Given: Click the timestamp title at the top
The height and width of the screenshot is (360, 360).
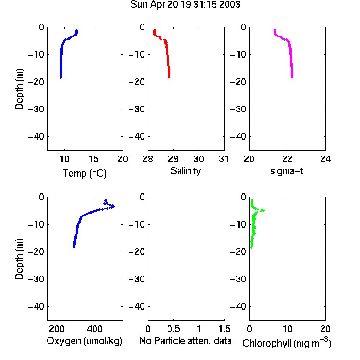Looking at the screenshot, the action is (x=185, y=4).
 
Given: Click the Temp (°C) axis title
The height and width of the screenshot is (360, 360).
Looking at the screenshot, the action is (x=84, y=173).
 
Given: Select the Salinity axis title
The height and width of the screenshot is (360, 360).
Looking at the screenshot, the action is (x=185, y=171).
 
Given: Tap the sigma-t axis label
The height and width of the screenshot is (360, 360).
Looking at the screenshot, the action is (x=287, y=171).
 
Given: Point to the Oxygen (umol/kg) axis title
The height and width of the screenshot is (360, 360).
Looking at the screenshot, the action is (x=84, y=341).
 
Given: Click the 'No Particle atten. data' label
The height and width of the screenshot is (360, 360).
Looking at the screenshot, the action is (x=185, y=341).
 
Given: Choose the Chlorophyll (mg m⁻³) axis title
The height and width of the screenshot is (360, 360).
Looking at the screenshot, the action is (x=287, y=343).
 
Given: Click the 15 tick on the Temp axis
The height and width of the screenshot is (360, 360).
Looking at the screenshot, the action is (x=94, y=159).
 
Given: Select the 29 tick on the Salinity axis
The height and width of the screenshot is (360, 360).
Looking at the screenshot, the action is (x=173, y=159).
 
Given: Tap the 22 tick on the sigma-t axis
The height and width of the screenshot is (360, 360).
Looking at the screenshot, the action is (x=287, y=159).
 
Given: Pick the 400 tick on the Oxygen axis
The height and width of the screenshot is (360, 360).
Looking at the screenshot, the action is (x=95, y=329).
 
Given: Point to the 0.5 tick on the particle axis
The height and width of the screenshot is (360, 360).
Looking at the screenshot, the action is (x=173, y=329).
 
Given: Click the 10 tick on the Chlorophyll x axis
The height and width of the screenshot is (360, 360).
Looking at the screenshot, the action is (x=288, y=329).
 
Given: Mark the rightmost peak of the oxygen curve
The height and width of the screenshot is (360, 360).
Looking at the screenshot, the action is (x=113, y=206).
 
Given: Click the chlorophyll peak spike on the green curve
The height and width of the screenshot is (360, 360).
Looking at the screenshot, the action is (x=264, y=210).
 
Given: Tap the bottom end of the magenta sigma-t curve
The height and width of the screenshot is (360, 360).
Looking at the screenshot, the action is (x=292, y=77).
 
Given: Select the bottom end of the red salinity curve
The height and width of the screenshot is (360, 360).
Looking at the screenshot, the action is (x=169, y=77).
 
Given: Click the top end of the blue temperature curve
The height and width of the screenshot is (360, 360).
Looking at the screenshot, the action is (x=77, y=30).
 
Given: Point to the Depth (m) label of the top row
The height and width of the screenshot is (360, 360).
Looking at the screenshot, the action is (x=19, y=89).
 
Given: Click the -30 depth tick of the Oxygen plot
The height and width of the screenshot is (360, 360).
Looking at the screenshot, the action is (x=36, y=279).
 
